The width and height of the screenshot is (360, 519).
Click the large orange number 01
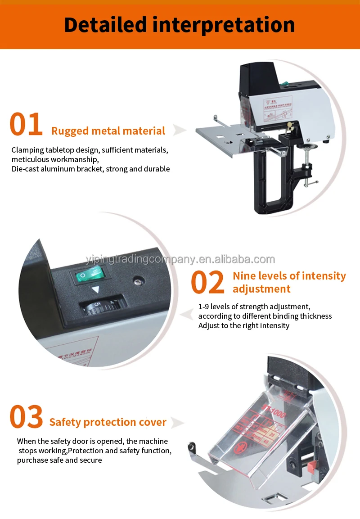(26, 125)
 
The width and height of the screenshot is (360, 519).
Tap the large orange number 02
(207, 282)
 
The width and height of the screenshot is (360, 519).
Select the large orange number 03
(27, 417)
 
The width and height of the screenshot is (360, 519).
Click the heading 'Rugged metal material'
(108, 131)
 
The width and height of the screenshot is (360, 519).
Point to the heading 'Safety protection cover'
(108, 422)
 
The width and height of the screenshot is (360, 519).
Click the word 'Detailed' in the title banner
(105, 25)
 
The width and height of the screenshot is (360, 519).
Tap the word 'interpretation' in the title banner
(224, 25)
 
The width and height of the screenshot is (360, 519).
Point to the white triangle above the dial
(95, 291)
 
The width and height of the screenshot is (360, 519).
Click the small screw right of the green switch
(137, 282)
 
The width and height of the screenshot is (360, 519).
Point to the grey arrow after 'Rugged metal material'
(180, 131)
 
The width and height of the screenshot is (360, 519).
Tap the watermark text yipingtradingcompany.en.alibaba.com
(180, 259)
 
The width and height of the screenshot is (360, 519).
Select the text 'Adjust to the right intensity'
(244, 325)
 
